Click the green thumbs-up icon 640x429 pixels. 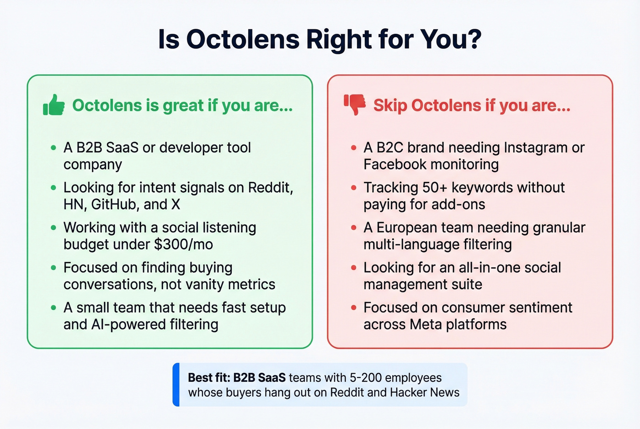pos(54,105)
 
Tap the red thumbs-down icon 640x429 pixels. pos(355,105)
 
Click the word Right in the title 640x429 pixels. pos(338,39)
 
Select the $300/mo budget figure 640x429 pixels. pos(184,244)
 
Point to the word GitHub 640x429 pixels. pos(115,204)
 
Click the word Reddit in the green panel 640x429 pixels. pos(270,187)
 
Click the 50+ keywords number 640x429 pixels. pos(434,187)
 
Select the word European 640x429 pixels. pos(412,228)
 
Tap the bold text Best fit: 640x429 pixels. pos(208,378)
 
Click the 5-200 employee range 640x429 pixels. pos(365,378)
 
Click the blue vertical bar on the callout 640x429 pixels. pos(176,385)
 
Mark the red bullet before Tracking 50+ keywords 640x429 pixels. pos(353,187)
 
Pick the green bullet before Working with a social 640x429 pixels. pos(53,228)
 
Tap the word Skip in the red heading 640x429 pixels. pos(390,106)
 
